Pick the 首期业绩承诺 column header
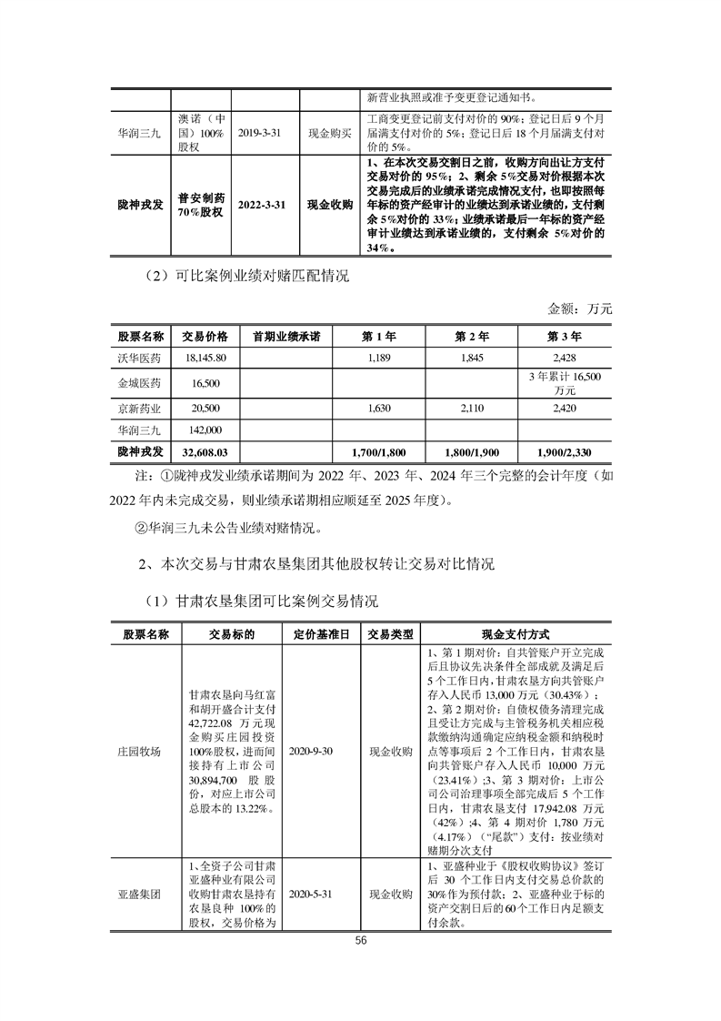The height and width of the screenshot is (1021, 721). (286, 336)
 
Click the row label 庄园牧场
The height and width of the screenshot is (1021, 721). (145, 753)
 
